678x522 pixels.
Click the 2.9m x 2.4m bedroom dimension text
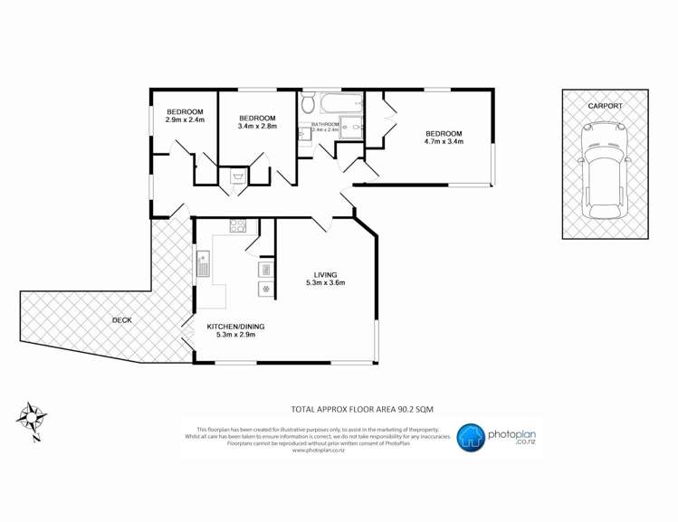[185, 119]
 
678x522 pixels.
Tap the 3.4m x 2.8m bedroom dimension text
[257, 126]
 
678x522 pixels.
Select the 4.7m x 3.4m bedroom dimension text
[444, 141]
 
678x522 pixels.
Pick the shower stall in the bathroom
[353, 132]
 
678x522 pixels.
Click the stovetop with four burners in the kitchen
[238, 226]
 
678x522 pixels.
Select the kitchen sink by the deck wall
[203, 264]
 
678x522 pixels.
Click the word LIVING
[326, 274]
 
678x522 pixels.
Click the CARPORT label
[605, 106]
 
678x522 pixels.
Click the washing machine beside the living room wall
[266, 289]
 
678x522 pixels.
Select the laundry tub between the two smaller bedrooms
[238, 177]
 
